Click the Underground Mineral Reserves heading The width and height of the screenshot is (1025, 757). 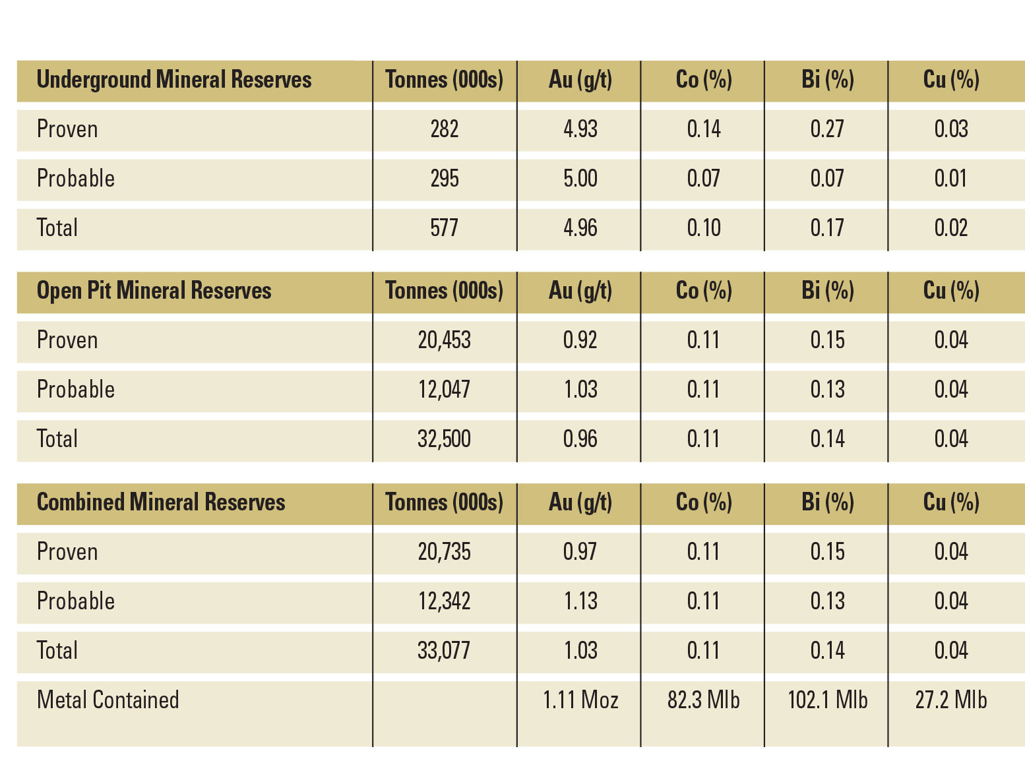[173, 80]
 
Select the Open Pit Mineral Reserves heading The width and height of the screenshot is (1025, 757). [154, 291]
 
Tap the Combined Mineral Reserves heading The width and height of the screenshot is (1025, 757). [161, 502]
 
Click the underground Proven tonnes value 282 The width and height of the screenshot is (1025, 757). [444, 129]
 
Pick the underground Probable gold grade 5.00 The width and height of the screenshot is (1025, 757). [580, 179]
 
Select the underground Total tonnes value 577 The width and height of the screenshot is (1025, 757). [444, 228]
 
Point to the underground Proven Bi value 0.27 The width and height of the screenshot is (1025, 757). [827, 129]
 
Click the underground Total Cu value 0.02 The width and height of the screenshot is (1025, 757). [950, 228]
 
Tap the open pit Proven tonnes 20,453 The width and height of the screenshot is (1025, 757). [444, 340]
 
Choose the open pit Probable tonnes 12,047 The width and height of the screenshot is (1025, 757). [444, 390]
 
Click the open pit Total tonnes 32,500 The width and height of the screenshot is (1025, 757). [444, 439]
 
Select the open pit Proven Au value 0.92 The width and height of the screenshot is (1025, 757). [580, 340]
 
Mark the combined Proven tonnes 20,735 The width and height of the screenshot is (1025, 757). [444, 552]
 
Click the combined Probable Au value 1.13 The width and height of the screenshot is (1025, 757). [580, 601]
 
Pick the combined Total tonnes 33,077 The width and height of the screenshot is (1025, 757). [444, 651]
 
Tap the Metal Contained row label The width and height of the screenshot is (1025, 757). [108, 700]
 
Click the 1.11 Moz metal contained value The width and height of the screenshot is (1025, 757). [580, 700]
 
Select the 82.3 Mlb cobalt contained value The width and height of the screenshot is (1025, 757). [703, 700]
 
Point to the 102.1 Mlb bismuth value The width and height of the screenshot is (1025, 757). [827, 700]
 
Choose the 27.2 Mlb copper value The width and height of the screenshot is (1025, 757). [950, 700]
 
